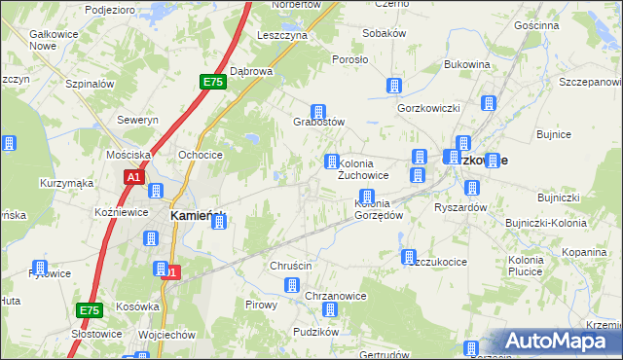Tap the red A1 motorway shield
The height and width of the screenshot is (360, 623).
point(134,177)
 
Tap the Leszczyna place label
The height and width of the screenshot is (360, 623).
point(282,34)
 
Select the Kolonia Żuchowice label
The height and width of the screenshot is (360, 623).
point(363,169)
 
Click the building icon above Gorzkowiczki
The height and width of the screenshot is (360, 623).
point(394,86)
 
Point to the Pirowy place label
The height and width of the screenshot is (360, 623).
point(261,305)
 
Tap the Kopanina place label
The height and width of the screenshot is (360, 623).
point(585,252)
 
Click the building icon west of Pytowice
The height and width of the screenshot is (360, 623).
point(40,268)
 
